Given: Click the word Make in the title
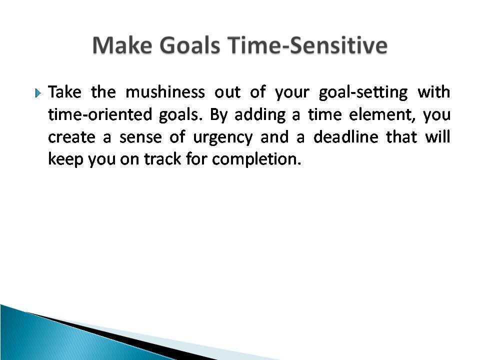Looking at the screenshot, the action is (122, 45).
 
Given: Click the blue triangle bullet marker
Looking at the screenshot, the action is (37, 93).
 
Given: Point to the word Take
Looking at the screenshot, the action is (64, 92).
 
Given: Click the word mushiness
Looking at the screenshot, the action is (165, 92).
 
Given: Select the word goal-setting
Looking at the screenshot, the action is (363, 92).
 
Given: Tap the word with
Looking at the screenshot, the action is (434, 92).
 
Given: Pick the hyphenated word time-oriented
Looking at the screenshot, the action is (100, 114).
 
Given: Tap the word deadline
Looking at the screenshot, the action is (346, 136).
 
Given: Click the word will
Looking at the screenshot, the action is (438, 136).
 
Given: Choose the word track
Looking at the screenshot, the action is (162, 159).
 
